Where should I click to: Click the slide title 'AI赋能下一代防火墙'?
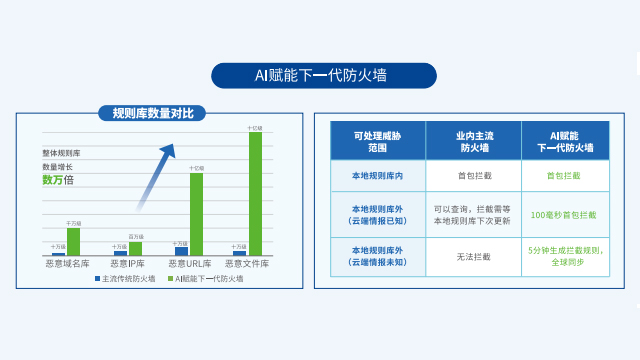324,75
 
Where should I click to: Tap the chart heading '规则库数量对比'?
152,113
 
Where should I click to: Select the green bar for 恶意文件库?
255,193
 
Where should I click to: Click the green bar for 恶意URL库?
196,214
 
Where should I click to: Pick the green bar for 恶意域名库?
73,241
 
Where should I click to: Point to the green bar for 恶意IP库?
135,248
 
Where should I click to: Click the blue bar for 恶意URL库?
181,251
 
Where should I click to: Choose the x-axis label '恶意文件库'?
247,263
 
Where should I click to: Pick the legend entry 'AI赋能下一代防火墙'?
206,279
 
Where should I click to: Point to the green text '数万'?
52,180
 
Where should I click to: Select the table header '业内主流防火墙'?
473,141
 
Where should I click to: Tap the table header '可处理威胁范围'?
377,141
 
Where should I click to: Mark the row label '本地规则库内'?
377,176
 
